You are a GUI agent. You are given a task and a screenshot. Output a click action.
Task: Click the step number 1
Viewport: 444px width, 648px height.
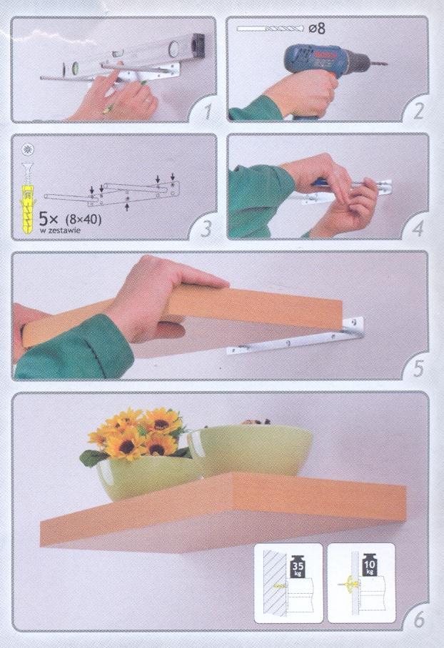click(x=207, y=111)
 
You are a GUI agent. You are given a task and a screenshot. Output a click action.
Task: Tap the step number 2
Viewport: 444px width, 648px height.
click(x=418, y=111)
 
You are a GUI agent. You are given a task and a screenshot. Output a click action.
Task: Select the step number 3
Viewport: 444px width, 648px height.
click(x=206, y=228)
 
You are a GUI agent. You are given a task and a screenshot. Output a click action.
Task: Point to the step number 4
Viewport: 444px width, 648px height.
click(x=418, y=228)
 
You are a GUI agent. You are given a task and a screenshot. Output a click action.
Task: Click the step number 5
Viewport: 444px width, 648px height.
click(x=418, y=368)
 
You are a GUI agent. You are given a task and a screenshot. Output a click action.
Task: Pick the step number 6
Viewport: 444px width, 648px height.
click(x=418, y=620)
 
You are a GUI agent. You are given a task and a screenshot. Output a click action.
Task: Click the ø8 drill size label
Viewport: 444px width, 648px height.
click(x=317, y=28)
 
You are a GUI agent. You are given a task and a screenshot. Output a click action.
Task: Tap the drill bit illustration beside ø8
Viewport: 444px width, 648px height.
click(x=271, y=29)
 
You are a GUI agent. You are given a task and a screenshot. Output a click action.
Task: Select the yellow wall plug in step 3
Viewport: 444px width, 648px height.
click(x=28, y=209)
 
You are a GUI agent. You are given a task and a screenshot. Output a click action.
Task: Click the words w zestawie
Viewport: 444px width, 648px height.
click(x=60, y=231)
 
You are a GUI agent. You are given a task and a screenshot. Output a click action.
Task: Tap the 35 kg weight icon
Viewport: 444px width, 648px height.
click(x=298, y=566)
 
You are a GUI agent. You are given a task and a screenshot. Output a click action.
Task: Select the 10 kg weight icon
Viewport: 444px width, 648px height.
click(x=370, y=564)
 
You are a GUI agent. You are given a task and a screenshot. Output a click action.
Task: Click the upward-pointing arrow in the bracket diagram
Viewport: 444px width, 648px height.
click(x=127, y=204)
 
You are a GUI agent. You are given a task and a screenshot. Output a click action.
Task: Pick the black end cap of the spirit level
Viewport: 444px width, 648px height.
click(x=198, y=45)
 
